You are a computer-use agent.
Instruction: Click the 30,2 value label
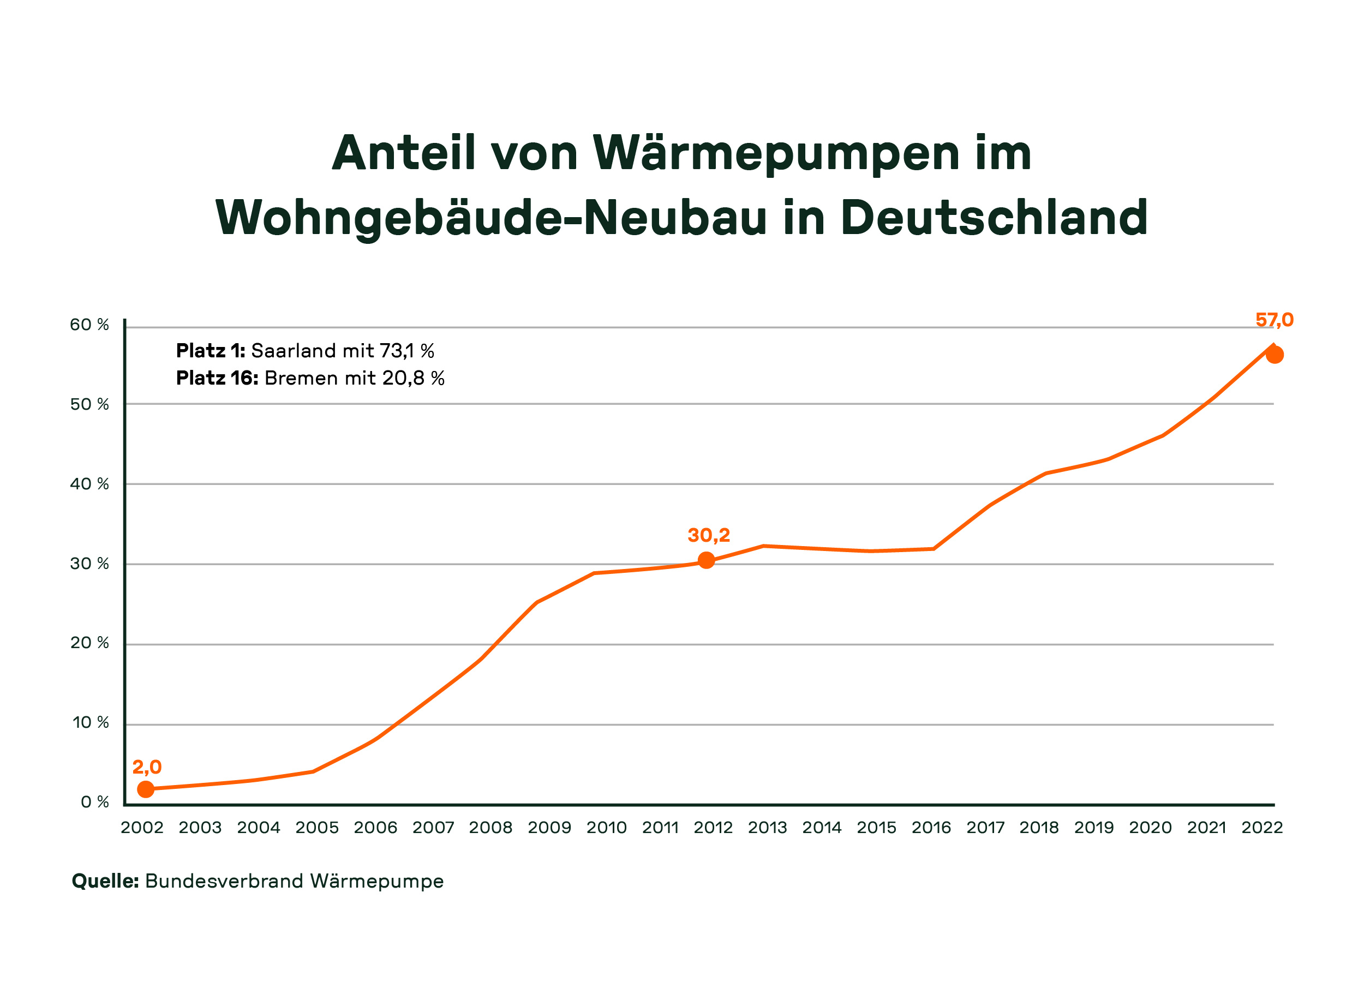pos(709,535)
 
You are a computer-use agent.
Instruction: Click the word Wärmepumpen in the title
pos(777,153)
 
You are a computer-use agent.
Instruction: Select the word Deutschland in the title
pos(994,218)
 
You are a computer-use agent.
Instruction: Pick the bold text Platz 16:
pos(217,378)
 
